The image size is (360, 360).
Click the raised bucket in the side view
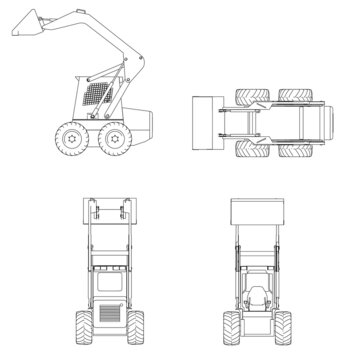(x=29, y=25)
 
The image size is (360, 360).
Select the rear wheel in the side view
(x=115, y=138)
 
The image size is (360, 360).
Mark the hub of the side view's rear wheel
(x=115, y=138)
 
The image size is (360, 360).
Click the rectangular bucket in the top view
(x=204, y=124)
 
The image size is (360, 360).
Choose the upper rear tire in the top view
(x=293, y=97)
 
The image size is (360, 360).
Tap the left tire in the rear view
(x=82, y=327)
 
